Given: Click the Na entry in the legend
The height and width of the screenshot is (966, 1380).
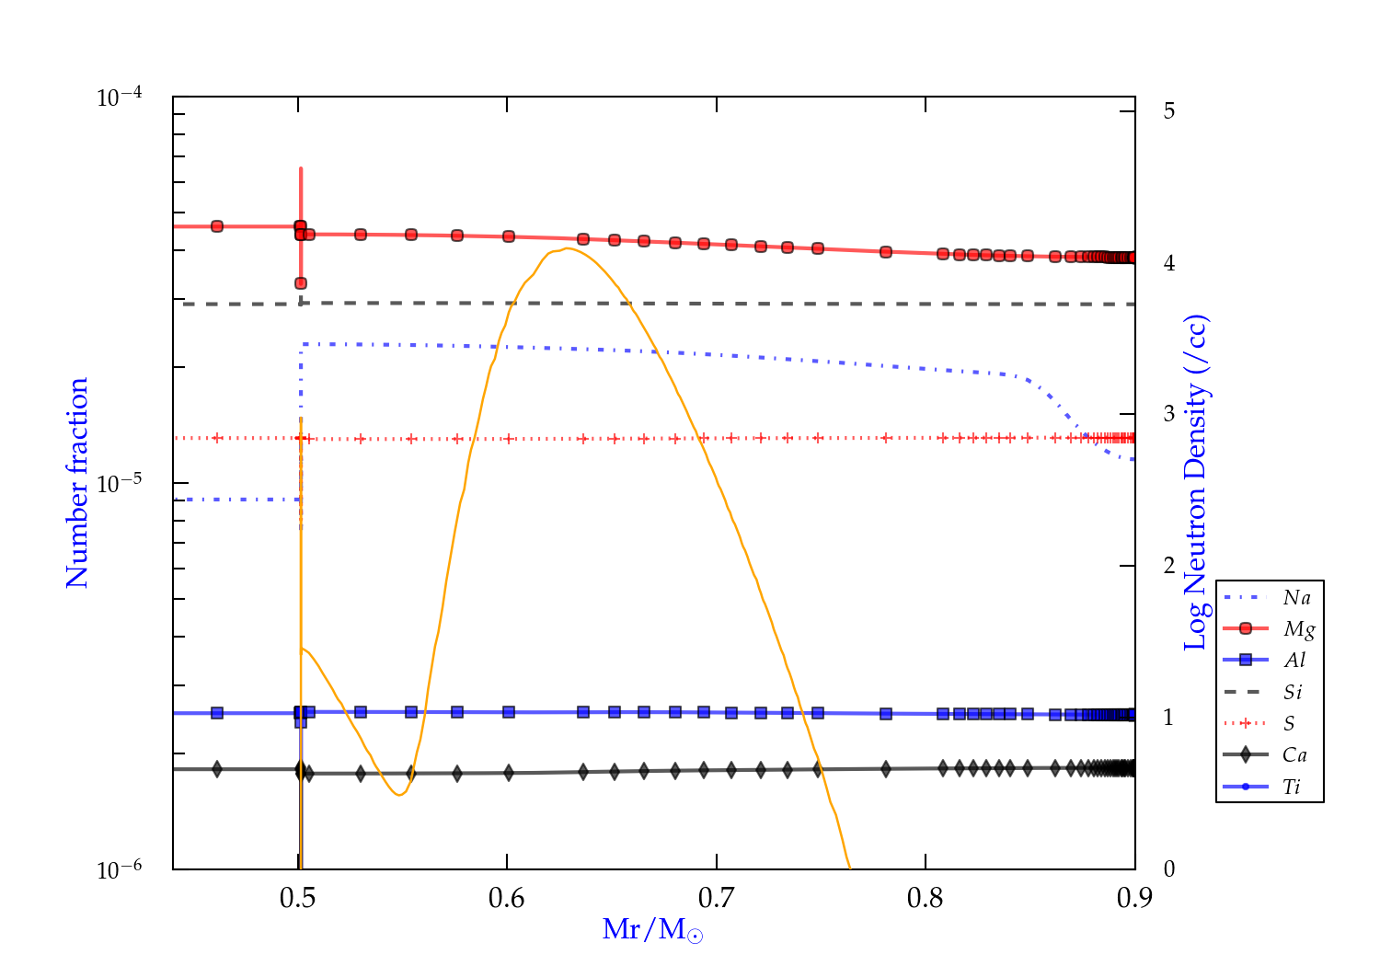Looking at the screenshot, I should (x=1296, y=598).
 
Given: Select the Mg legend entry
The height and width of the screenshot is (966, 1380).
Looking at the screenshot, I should (x=1298, y=629).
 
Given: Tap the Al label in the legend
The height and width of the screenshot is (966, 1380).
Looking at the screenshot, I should (x=1294, y=661).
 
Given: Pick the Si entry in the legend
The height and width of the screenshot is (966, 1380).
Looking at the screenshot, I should (x=1293, y=692).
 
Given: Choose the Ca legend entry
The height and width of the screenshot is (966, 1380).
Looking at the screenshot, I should (x=1294, y=755).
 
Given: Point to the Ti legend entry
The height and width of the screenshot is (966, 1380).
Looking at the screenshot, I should (x=1292, y=787).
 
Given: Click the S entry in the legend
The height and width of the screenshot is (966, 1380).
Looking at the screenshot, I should (x=1289, y=724).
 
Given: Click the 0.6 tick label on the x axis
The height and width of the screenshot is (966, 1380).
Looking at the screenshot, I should (x=507, y=898).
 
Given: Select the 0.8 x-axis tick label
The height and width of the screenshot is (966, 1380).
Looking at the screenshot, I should (x=926, y=898).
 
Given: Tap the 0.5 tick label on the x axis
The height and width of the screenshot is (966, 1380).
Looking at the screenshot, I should (x=298, y=898).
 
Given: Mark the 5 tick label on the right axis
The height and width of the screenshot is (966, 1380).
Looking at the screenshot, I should (x=1169, y=111).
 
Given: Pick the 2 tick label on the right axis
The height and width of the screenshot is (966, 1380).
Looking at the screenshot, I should (x=1169, y=566).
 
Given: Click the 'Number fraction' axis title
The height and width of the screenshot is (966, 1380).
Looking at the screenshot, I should (x=77, y=483).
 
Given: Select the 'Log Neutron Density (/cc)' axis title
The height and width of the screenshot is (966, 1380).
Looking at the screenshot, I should (x=1195, y=483).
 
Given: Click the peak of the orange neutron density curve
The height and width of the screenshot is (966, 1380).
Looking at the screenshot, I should (x=568, y=248).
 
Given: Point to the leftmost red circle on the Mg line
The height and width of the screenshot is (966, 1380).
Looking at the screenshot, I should (x=217, y=226).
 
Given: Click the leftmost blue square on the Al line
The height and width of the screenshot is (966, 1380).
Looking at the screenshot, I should (x=217, y=713).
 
